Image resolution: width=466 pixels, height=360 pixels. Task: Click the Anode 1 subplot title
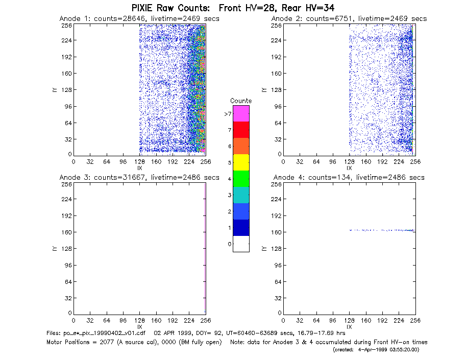(139, 19)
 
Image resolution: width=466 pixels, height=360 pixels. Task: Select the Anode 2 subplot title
(349, 19)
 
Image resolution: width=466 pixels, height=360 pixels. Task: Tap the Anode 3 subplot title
(139, 178)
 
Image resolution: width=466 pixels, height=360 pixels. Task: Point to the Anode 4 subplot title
(349, 178)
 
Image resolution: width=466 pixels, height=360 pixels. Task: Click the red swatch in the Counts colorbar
(241, 130)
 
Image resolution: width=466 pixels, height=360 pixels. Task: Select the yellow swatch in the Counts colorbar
(241, 162)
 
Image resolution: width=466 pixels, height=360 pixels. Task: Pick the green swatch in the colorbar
(241, 179)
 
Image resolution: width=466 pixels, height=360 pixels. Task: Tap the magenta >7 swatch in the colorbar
(241, 113)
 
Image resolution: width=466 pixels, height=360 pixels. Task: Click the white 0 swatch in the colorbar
(241, 244)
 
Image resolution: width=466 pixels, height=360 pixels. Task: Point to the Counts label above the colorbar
(241, 101)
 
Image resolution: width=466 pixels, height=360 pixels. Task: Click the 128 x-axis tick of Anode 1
(140, 162)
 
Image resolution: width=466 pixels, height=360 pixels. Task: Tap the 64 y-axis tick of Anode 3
(68, 281)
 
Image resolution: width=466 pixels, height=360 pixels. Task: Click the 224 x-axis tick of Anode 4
(399, 321)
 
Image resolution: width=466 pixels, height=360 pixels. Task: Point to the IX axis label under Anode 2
(349, 168)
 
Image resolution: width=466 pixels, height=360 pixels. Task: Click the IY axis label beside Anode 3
(55, 249)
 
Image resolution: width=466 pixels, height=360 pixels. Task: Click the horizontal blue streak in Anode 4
(382, 230)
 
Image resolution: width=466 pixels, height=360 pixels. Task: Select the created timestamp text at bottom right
(376, 350)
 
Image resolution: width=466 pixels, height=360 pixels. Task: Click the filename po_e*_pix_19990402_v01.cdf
(95, 333)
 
